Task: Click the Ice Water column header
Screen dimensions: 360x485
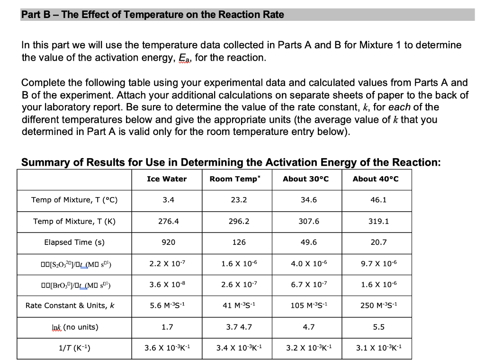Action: [x=167, y=179]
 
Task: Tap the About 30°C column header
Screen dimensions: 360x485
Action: [x=305, y=179]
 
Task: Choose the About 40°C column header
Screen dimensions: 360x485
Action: [x=376, y=179]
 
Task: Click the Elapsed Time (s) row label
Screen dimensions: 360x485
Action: [x=74, y=243]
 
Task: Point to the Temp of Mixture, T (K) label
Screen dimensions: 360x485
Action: [x=74, y=221]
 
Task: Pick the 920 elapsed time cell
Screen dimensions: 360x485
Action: [x=168, y=243]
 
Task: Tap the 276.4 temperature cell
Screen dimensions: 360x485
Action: [x=168, y=221]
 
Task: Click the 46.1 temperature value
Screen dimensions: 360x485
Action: [x=378, y=200]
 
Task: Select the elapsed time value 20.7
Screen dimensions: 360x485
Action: [x=378, y=243]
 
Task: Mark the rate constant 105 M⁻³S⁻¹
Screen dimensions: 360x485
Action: [x=309, y=306]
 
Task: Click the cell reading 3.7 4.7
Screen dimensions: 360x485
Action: [x=239, y=327]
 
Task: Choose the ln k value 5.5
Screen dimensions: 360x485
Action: [x=378, y=327]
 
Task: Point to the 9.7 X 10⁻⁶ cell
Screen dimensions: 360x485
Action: [x=378, y=263]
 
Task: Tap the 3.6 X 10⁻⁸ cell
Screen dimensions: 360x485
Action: [x=168, y=284]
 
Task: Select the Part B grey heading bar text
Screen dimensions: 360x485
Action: [x=153, y=15]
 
